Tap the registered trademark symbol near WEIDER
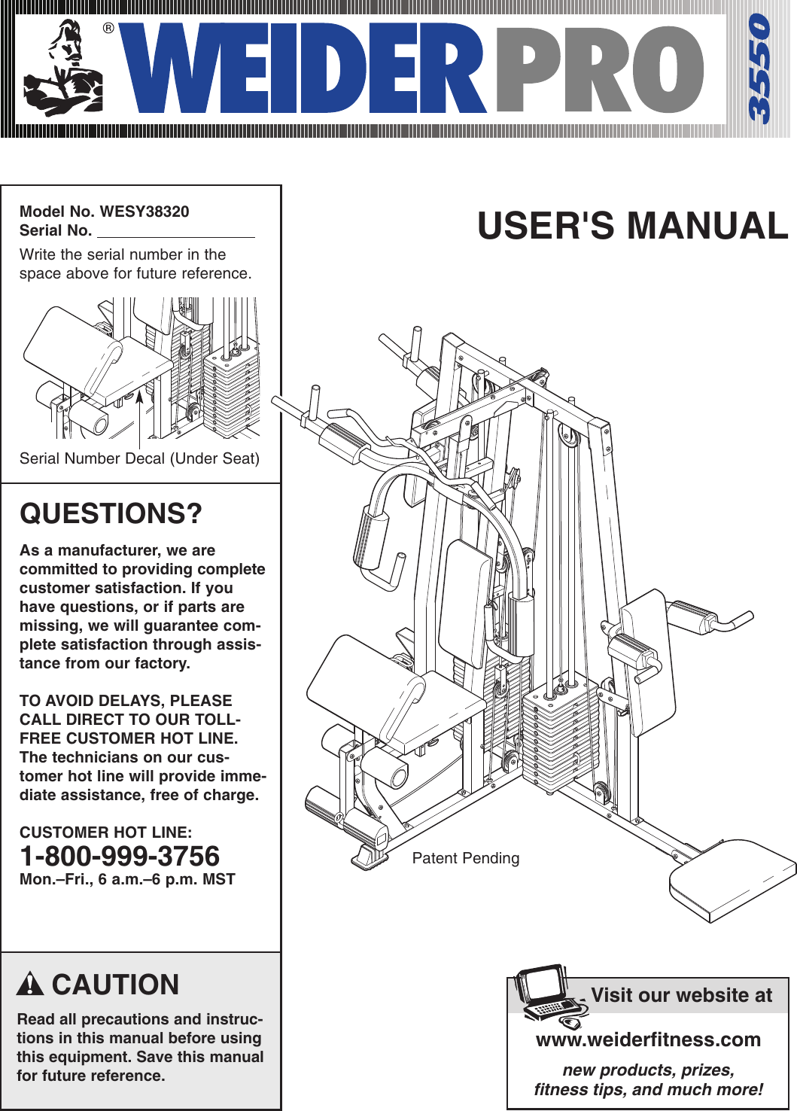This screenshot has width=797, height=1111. [x=108, y=29]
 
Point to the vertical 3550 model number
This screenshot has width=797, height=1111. [x=759, y=68]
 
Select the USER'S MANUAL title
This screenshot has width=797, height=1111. [x=632, y=226]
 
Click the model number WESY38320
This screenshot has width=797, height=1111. [x=144, y=212]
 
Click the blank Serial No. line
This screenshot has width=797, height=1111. [x=175, y=231]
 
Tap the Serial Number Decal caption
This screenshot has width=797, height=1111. [x=139, y=458]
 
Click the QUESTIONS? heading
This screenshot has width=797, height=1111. [x=111, y=513]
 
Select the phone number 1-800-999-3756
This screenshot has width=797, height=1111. [x=120, y=856]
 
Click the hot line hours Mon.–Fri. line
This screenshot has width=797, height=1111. [x=127, y=879]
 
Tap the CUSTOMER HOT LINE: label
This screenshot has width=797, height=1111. [x=105, y=832]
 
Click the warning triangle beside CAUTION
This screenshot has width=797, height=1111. [x=30, y=985]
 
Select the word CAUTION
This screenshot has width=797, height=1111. [x=115, y=985]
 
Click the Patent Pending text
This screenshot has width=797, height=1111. [x=465, y=858]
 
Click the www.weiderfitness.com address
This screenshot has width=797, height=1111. [x=648, y=1039]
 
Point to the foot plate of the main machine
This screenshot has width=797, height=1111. [x=732, y=878]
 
